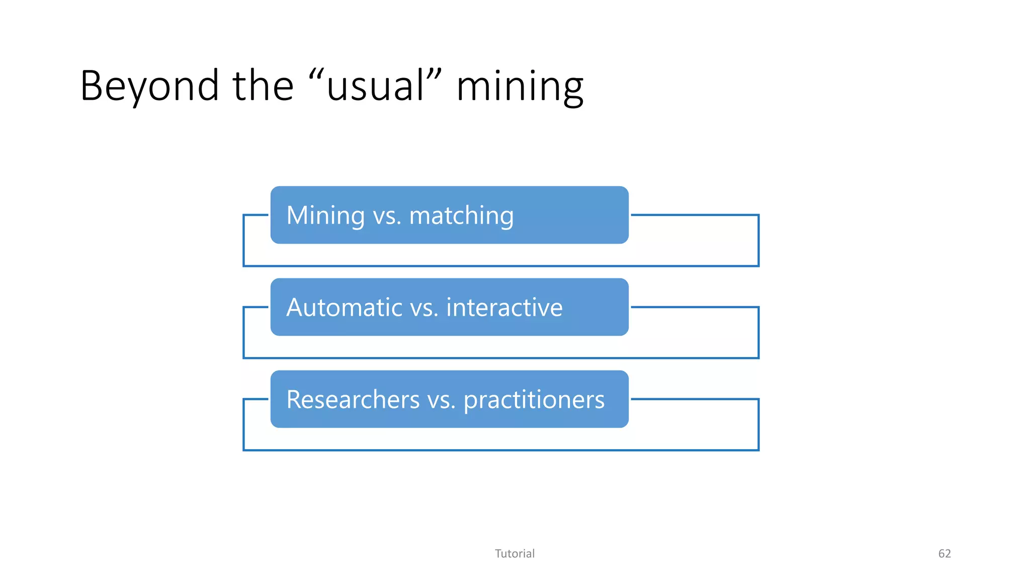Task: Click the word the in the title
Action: (x=263, y=86)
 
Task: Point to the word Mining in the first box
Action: (x=325, y=215)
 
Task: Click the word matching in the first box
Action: (x=461, y=216)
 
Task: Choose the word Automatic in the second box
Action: (x=345, y=308)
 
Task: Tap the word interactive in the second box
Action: (x=504, y=308)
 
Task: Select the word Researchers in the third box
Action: (x=353, y=400)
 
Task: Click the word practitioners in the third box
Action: (x=534, y=400)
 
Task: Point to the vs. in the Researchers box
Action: (x=441, y=400)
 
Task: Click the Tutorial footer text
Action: (x=514, y=554)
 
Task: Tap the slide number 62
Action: (x=945, y=554)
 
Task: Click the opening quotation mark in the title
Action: (x=315, y=75)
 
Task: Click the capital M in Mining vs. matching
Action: (x=297, y=215)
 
